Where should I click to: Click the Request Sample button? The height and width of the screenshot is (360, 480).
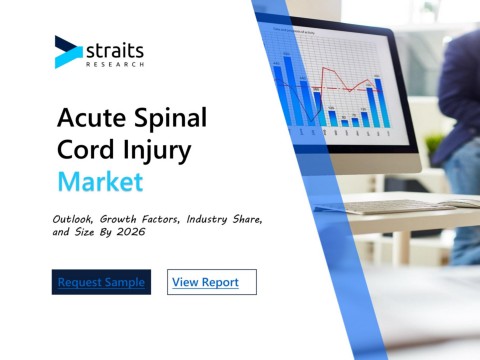101,282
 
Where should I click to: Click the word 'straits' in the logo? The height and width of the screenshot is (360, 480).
115,51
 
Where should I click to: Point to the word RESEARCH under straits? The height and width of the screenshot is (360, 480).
115,64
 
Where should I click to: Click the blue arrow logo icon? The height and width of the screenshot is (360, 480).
68,52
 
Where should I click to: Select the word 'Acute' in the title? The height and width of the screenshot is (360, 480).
91,118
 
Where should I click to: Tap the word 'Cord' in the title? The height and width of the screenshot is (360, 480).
86,149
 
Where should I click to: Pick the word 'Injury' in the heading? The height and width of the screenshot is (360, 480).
157,152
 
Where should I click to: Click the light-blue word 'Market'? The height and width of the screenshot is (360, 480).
101,182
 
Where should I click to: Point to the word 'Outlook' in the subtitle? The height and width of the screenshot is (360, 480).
73,219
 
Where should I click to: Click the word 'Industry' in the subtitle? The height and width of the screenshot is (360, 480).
207,220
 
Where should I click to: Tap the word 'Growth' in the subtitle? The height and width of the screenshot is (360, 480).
118,219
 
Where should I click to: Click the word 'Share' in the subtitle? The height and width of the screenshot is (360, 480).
247,219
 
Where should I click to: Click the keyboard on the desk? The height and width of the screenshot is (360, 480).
398,207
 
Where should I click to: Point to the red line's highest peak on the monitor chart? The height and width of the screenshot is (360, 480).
324,68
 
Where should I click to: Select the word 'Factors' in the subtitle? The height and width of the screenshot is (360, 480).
161,219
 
